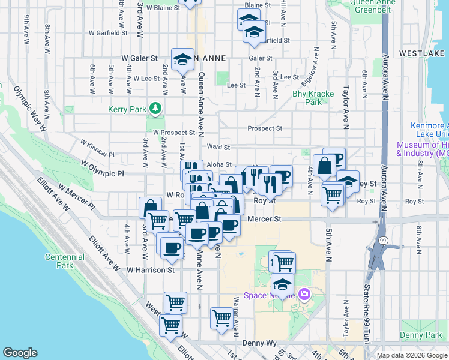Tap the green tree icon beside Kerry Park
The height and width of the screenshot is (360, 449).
click(156, 108)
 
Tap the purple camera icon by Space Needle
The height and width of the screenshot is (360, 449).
click(304, 293)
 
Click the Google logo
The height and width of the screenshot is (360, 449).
click(20, 353)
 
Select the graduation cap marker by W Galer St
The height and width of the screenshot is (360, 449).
click(182, 59)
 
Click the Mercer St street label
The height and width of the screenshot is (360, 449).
click(264, 220)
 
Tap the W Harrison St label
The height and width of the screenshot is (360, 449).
click(150, 270)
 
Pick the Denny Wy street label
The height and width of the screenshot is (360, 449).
click(259, 343)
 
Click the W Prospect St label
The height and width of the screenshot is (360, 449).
click(173, 133)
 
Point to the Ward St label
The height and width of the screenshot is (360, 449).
click(219, 147)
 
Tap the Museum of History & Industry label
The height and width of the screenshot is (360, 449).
click(423, 149)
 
